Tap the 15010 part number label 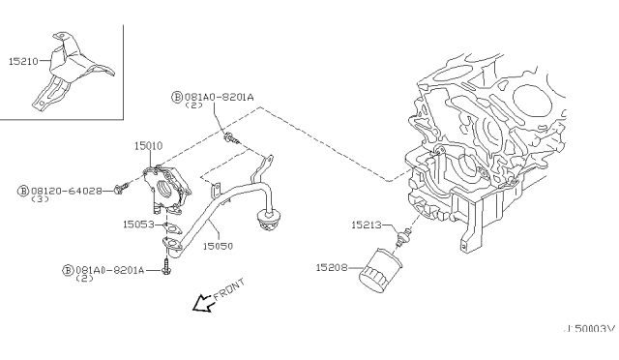(148, 144)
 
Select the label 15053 (136, 224)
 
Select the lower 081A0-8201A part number (107, 270)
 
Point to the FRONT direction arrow (202, 304)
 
